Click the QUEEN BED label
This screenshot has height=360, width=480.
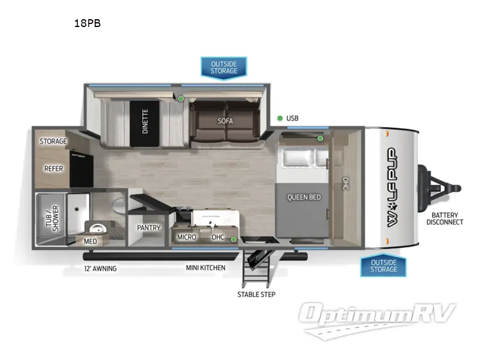tap(303, 197)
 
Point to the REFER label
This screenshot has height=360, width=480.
tap(53, 169)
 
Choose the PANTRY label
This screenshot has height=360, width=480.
tap(148, 228)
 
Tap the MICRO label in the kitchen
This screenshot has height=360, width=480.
tap(187, 237)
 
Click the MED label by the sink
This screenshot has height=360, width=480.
tap(90, 241)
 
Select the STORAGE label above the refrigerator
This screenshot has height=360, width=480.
tap(53, 142)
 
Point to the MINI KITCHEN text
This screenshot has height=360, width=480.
tap(206, 268)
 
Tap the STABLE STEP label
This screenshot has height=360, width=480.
tap(256, 294)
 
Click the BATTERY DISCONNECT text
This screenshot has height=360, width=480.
tap(445, 218)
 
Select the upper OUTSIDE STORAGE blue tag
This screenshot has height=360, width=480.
tap(224, 67)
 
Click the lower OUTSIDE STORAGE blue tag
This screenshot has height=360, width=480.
tap(383, 265)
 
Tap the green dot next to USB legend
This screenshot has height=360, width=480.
tap(280, 118)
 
